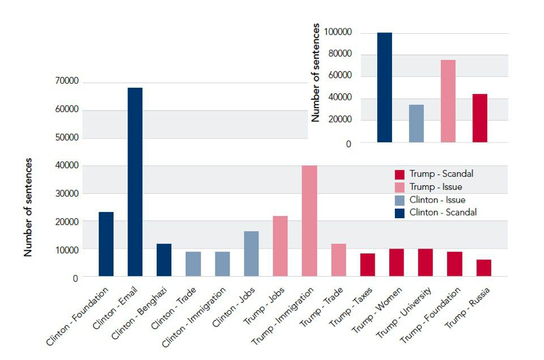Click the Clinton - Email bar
pos(135,182)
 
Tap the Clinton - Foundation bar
pos(106,244)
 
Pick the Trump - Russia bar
pos(483,267)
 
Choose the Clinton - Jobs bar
pos(251,253)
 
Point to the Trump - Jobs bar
pos(280,246)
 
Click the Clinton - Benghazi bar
pos(164,259)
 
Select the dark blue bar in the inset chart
pos(385,88)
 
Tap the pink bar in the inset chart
pos(448,101)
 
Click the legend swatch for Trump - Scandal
pos(400,174)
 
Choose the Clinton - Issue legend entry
pos(437,199)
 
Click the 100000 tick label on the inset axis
pos(337,32)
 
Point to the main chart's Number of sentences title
pos(28,207)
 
